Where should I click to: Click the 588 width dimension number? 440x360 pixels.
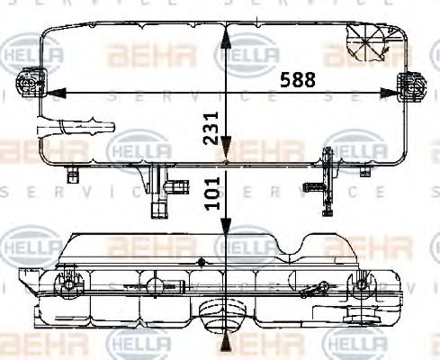(x=297, y=79)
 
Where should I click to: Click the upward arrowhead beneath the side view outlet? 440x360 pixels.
(x=227, y=344)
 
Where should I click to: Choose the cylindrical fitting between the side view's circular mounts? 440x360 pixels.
(x=157, y=286)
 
